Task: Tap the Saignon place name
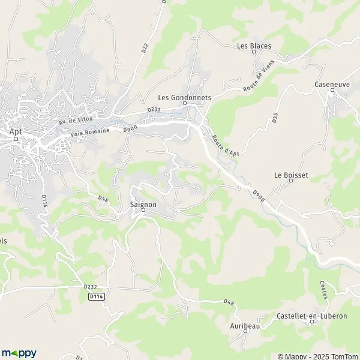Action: click(x=143, y=204)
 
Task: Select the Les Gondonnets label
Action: click(x=184, y=97)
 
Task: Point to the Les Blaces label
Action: click(x=254, y=46)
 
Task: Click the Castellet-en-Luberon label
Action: click(x=312, y=316)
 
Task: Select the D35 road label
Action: click(x=275, y=118)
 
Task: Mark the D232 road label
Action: click(x=90, y=287)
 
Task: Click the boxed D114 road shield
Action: click(x=95, y=296)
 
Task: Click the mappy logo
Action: click(x=19, y=353)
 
